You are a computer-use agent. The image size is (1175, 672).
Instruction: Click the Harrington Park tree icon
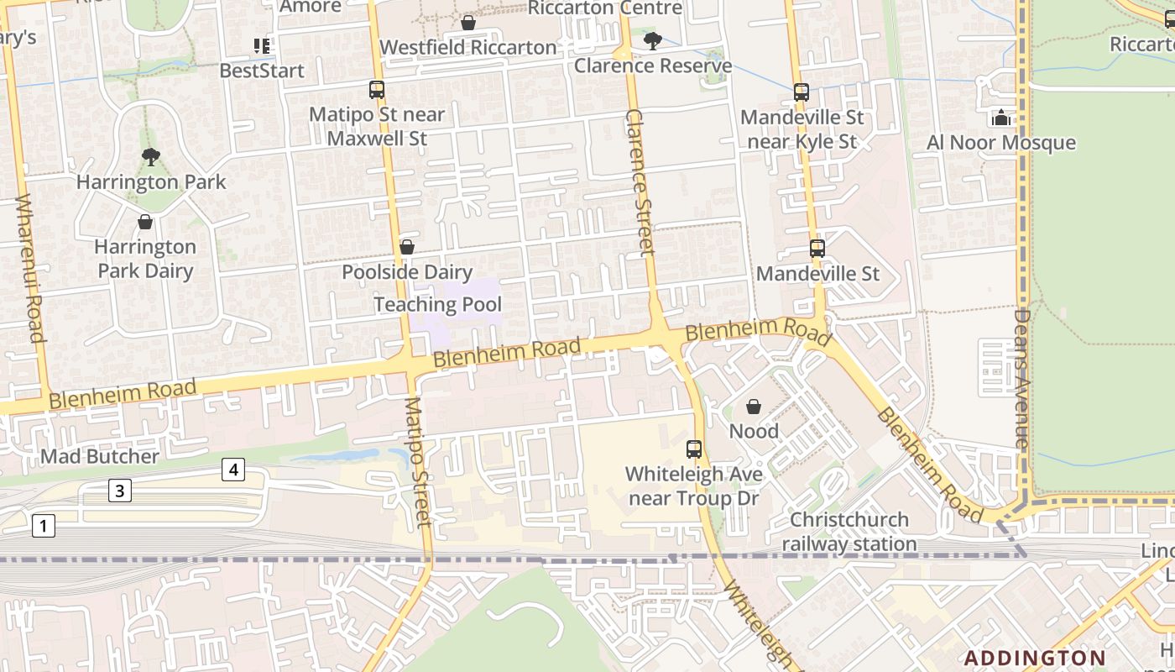pos(151,156)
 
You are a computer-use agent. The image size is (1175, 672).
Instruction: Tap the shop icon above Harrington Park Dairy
pos(145,222)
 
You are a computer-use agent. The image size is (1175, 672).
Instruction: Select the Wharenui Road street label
pos(29,269)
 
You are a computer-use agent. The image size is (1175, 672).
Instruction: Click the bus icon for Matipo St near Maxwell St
pos(377,89)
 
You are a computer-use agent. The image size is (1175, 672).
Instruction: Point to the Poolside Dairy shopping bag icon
pos(407,247)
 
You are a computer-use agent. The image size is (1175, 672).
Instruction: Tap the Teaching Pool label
pos(437,304)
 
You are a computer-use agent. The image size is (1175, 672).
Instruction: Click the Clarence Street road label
pos(640,181)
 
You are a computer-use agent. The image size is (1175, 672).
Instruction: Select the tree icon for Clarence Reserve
pos(652,40)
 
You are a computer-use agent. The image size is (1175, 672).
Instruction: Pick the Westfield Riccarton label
pos(468,47)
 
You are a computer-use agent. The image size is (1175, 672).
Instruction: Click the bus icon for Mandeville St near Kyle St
pos(802,92)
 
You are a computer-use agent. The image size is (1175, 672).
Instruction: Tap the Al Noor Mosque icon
pos(1000,118)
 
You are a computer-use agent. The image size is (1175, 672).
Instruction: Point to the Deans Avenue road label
pos(1021,378)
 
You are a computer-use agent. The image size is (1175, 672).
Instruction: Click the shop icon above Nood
pos(754,407)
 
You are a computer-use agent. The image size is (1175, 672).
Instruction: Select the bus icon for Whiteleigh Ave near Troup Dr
pos(694,449)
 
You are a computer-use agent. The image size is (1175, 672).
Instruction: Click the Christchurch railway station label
pos(849,532)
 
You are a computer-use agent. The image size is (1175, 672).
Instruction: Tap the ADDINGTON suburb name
pos(1034,657)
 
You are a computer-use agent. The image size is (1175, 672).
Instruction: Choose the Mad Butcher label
pos(100,456)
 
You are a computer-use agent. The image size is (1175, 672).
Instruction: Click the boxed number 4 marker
pos(233,470)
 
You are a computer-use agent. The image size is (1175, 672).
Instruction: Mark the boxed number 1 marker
pos(43,527)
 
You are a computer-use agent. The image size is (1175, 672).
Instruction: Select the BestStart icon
pos(262,45)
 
